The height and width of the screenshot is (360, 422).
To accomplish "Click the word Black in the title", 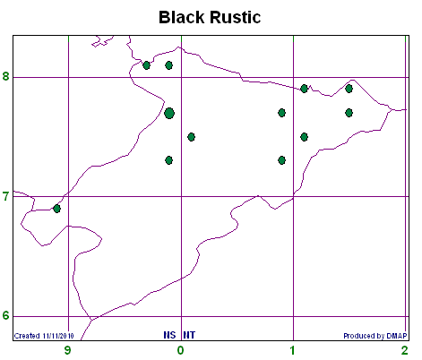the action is point(182,17).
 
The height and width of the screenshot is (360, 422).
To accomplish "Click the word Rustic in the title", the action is point(236,17).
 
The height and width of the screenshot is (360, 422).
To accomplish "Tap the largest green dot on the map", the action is point(169,113).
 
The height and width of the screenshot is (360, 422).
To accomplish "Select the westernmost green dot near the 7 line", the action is point(56,209).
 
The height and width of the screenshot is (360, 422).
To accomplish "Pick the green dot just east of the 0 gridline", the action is point(192,137).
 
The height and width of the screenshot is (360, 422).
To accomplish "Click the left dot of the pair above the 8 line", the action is point(146,65).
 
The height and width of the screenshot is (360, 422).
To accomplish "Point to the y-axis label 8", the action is point(5,76).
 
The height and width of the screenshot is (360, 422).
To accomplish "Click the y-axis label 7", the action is point(5,197).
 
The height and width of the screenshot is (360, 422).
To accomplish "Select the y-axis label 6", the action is point(5,315).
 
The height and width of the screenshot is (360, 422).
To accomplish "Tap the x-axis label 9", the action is point(68,350).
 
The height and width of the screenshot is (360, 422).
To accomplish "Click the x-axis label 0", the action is point(180,350).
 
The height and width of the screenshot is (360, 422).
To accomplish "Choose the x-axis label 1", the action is point(293,350).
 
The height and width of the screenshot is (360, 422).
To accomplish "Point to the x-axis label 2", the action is point(405,350).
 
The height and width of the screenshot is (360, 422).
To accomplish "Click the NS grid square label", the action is point(169,335).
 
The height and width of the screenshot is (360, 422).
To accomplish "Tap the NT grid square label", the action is point(189,335).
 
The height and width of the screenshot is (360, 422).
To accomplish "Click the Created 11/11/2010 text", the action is point(44,336).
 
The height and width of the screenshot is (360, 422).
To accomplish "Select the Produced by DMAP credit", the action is point(375,336).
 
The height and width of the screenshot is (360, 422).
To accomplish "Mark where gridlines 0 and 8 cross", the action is point(181,77).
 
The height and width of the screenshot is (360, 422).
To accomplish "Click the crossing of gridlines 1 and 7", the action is point(294,196).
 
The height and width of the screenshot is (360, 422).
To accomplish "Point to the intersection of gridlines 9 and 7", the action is point(69,196).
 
